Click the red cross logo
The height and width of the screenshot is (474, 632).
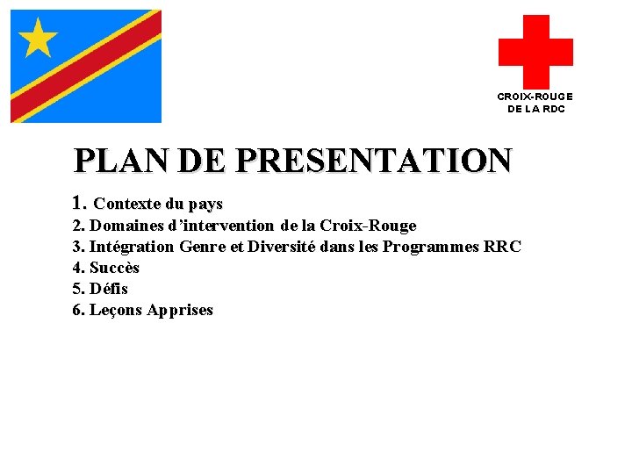535,51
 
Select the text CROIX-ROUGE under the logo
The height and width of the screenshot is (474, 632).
535,97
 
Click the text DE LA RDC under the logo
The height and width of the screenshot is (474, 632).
535,109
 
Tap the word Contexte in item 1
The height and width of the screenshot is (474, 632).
126,204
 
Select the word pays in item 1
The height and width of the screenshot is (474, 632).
205,204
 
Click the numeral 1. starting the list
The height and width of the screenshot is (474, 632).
80,204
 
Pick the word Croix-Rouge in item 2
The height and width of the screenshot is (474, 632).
368,226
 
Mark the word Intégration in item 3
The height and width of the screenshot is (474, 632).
132,247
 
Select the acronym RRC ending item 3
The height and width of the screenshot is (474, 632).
503,247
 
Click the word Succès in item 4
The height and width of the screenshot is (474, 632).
114,268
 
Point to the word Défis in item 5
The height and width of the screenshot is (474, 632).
109,289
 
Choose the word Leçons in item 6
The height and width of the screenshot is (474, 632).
117,310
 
